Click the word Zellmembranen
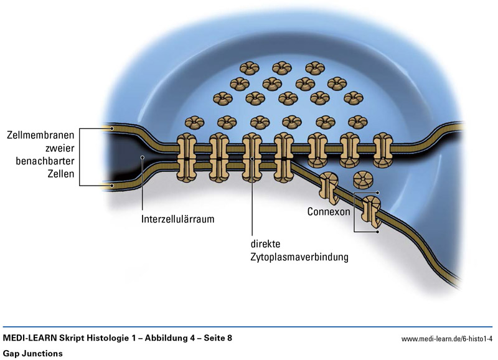41,135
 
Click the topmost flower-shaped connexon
253,67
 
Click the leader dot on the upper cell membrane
112,128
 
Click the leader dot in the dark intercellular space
143,158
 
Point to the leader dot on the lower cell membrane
112,185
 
